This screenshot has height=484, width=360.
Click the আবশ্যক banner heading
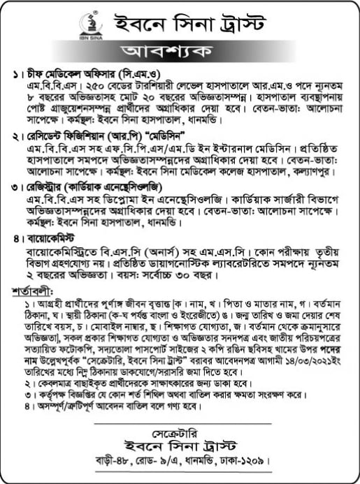click(x=180, y=52)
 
